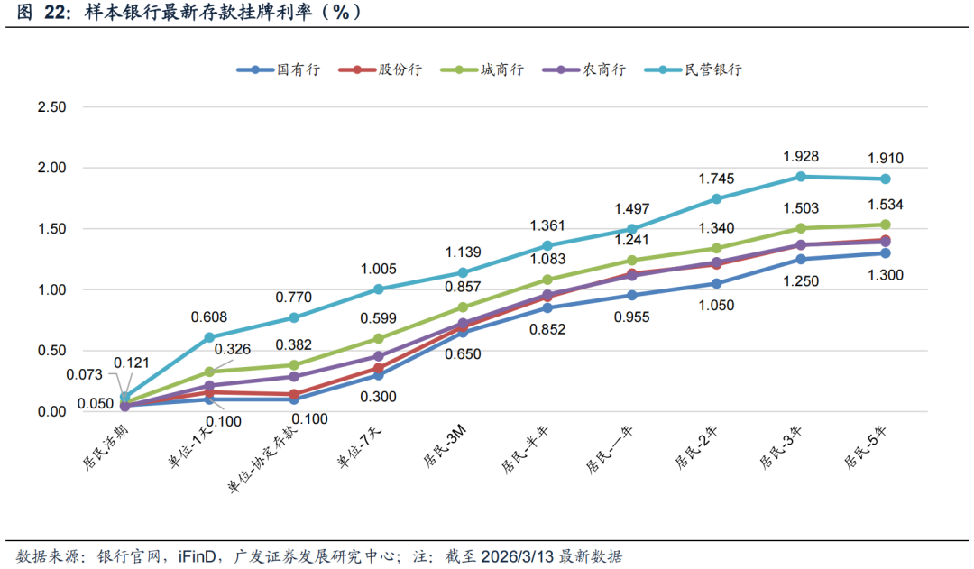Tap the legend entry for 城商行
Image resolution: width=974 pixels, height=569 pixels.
pos(502,69)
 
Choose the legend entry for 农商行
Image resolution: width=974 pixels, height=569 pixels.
pos(604,69)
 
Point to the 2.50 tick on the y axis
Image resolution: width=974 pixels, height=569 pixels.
pos(51,107)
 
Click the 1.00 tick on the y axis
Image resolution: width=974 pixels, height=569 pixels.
pos(51,289)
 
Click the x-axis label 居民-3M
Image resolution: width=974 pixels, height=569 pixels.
pos(443,447)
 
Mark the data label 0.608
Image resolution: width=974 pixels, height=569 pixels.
pos(208,317)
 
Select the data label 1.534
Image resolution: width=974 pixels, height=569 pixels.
pos(886,205)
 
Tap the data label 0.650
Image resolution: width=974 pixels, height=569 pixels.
pos(464,354)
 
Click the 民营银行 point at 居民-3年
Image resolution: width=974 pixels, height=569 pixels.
pos(799,177)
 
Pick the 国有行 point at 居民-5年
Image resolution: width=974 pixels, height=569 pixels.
pos(885,253)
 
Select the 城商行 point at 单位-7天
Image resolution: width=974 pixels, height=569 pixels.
pos(379,338)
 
